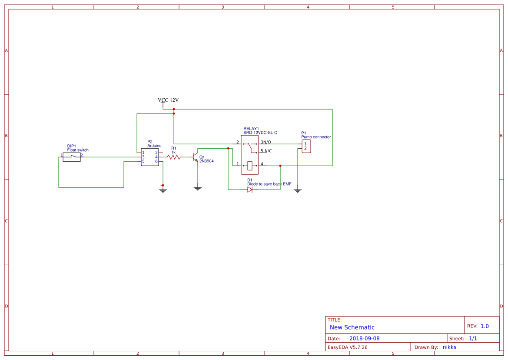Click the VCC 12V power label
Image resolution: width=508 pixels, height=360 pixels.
[x=168, y=100]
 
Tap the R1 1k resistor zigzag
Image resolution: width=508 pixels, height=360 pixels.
[x=174, y=157]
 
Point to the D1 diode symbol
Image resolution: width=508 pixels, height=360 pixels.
[x=250, y=190]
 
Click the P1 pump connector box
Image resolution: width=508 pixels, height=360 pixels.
[x=306, y=146]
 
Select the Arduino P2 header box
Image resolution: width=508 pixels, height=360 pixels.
[x=150, y=157]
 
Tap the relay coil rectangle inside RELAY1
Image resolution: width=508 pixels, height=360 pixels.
[x=250, y=165]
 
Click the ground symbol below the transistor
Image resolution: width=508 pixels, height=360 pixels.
[x=198, y=188]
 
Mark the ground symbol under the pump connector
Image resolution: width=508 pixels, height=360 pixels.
[x=298, y=190]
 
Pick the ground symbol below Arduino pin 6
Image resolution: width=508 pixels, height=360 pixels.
[x=163, y=190]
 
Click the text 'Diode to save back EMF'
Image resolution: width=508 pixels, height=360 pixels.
[x=269, y=184]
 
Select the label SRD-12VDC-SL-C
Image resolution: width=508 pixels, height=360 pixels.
[x=260, y=133]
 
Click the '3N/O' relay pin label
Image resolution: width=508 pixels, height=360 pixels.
[x=266, y=142]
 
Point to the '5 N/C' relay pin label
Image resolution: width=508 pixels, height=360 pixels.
[x=266, y=151]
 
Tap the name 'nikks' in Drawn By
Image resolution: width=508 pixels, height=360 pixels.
[x=449, y=347]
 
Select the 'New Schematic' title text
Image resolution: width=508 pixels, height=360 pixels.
[x=352, y=327]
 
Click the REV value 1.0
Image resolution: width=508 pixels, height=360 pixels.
[x=485, y=326]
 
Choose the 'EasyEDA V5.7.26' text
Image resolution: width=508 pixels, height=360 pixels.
[x=347, y=347]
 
